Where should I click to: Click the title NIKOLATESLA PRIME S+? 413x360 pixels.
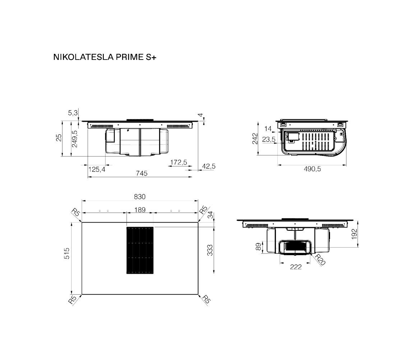(x=105, y=57)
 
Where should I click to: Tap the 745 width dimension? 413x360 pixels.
(x=142, y=173)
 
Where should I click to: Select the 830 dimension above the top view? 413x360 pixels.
(x=140, y=197)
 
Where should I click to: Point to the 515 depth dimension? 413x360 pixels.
(x=67, y=253)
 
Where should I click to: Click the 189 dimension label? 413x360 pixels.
(x=140, y=210)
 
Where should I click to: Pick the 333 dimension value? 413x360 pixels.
(x=210, y=250)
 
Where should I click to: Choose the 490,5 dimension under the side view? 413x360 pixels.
(x=312, y=169)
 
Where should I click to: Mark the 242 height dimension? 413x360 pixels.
(x=255, y=139)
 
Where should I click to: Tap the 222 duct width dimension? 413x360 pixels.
(x=296, y=267)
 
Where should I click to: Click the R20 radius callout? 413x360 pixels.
(x=320, y=260)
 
